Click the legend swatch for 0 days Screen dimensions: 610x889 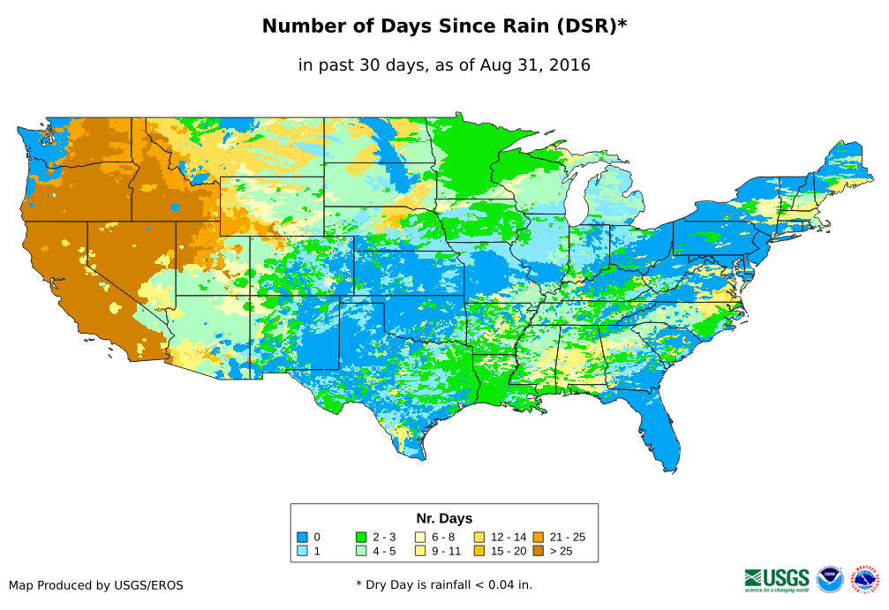[301, 537]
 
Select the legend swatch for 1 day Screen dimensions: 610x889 [301, 551]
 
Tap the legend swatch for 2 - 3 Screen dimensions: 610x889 [360, 537]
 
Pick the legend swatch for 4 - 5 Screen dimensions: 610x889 [360, 551]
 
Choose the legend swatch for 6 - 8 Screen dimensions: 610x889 [420, 537]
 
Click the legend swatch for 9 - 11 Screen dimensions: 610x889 [420, 551]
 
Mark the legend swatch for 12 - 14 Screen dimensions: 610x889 [479, 537]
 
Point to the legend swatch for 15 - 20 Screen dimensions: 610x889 [479, 551]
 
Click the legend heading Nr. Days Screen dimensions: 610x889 [444, 518]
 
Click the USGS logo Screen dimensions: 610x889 [777, 579]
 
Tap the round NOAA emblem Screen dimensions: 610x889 [830, 579]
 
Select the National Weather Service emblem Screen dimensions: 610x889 [866, 579]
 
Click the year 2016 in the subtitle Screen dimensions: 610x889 [569, 64]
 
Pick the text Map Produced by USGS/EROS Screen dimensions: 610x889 [96, 585]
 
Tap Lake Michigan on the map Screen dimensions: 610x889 [576, 203]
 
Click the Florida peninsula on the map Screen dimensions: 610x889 [664, 433]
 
